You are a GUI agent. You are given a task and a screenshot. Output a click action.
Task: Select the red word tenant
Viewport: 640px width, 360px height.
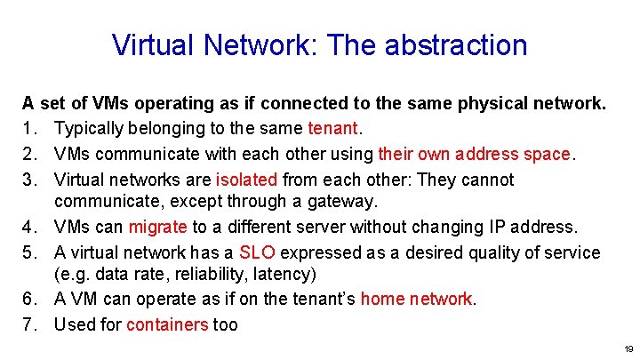pyautogui.click(x=332, y=130)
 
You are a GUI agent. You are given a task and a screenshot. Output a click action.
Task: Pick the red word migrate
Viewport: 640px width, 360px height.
pyautogui.click(x=157, y=228)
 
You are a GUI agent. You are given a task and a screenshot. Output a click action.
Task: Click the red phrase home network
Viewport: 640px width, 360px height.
pyautogui.click(x=417, y=300)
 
